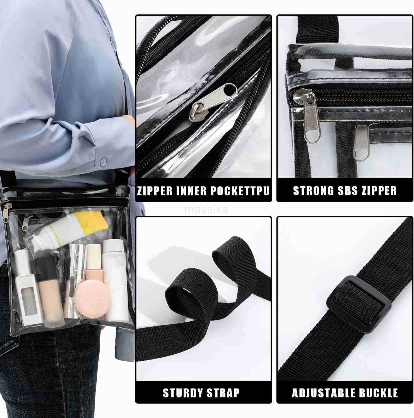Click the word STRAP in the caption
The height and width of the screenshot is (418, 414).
coord(223,393)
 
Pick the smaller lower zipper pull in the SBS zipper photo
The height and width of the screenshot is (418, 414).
coord(362,140)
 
